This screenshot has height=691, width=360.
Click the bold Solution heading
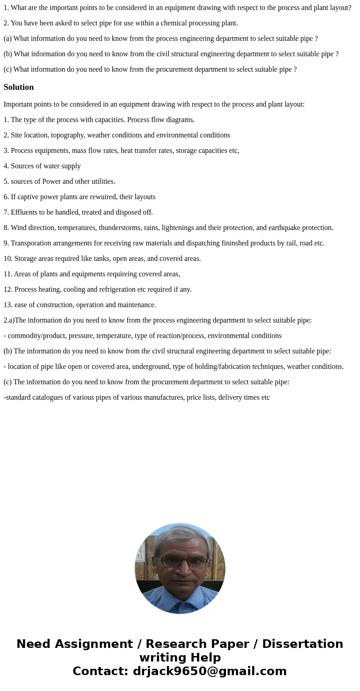coord(19,87)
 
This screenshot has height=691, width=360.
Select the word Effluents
coord(25,212)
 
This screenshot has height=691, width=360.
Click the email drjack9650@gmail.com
coord(209,671)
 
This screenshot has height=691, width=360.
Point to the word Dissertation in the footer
coord(302,644)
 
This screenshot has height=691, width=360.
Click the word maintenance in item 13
coord(136,305)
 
